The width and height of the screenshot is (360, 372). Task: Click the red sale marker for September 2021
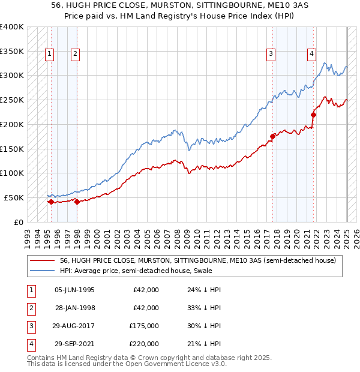coord(313,114)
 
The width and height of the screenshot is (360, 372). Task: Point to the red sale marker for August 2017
coord(272,136)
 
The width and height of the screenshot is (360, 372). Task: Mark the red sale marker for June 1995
coord(51,202)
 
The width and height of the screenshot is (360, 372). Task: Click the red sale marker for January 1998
coord(77,202)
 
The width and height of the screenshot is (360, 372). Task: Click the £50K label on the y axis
coord(14,197)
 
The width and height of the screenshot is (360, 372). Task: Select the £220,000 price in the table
coord(144,344)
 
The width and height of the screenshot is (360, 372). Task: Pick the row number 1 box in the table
coord(30,290)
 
